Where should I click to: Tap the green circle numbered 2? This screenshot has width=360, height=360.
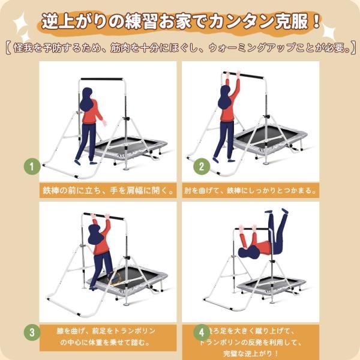click(x=202, y=166)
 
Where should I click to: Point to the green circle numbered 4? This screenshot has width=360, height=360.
click(x=202, y=331)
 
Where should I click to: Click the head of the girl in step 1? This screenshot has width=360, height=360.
click(x=87, y=96)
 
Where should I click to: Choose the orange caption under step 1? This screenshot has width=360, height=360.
click(x=108, y=190)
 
